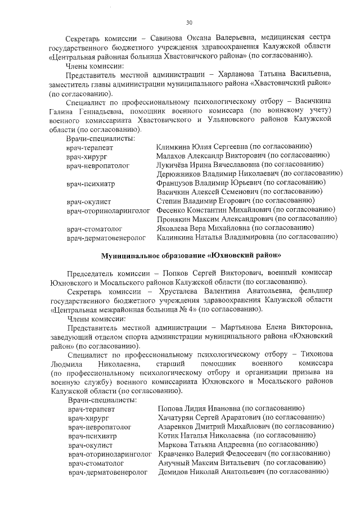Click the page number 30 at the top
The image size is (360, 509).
[190, 22]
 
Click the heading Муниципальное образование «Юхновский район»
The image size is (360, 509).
[191, 255]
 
